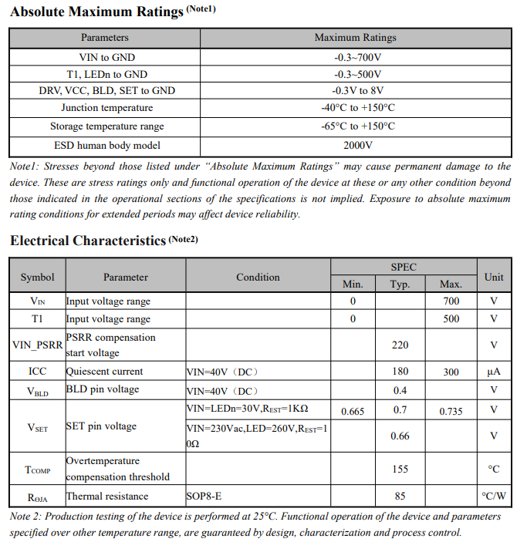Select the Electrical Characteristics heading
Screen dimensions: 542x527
(88, 241)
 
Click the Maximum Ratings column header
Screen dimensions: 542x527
(355, 38)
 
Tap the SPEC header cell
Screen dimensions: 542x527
(403, 267)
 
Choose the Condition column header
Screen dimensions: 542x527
(258, 277)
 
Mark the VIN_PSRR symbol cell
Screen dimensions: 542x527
(37, 345)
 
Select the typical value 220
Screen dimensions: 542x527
(400, 345)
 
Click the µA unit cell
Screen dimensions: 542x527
(494, 372)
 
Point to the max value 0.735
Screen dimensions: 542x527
(451, 411)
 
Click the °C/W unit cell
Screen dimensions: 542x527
(494, 497)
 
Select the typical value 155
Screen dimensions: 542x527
(400, 469)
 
